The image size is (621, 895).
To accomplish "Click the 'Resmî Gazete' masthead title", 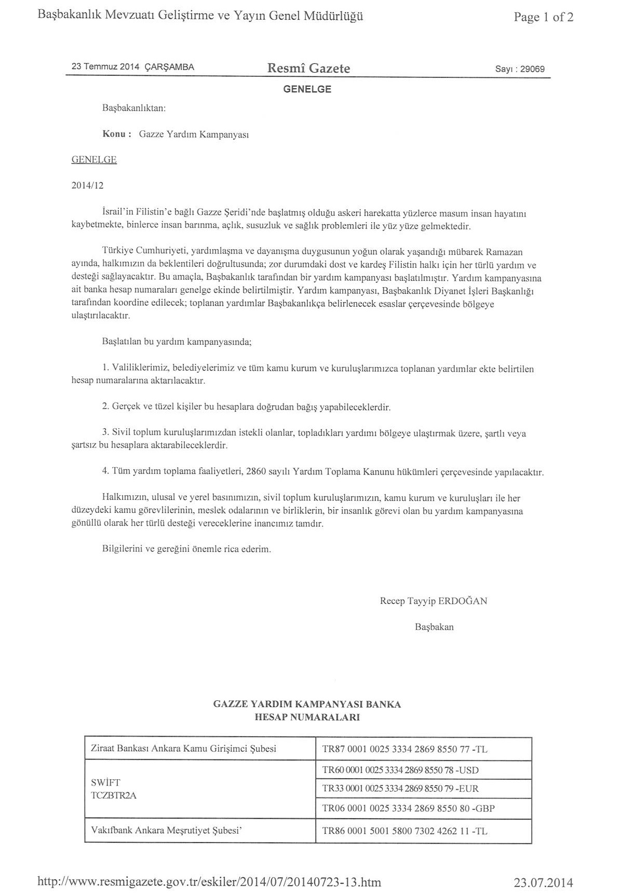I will point(308,68).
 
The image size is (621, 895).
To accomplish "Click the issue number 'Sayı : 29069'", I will point(520,69).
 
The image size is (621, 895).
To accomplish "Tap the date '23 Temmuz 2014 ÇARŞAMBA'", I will point(133,67).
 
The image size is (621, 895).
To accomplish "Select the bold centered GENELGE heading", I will point(307,89).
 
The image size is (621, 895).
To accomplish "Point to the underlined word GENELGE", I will point(94,160).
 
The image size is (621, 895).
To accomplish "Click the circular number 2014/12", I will point(87,185).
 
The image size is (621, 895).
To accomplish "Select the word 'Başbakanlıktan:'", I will point(134,109).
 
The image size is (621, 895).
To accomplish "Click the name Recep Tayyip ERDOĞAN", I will point(434,601).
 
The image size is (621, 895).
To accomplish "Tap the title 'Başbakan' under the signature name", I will point(434,627).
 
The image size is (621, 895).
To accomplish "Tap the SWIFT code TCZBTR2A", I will point(113,795).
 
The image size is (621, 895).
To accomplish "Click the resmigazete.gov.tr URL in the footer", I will point(210,882).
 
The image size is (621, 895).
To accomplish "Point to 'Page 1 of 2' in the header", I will point(544,17).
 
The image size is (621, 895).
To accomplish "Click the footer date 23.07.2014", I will point(544,882).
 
